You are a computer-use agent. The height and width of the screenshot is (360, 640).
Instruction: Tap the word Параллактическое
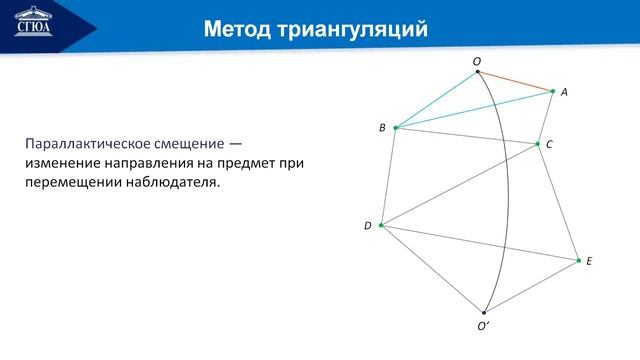point(85,144)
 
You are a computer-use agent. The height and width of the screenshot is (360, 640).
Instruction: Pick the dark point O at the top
point(477,72)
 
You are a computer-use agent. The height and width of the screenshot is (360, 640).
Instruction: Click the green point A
point(553,91)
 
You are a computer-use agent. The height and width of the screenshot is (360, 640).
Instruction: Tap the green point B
point(396,128)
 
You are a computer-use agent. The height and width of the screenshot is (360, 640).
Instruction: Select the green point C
point(538,144)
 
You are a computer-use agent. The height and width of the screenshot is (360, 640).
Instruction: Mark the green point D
point(381,225)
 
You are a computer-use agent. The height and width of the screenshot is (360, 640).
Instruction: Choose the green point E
point(578,260)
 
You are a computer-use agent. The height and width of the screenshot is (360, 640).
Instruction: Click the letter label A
point(564,92)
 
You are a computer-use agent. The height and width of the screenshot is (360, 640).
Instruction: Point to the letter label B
point(382,128)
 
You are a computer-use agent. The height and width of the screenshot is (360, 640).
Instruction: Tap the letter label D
point(368,226)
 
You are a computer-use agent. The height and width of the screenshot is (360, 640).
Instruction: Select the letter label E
point(589,261)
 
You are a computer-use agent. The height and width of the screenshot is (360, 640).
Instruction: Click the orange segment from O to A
point(515,81)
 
